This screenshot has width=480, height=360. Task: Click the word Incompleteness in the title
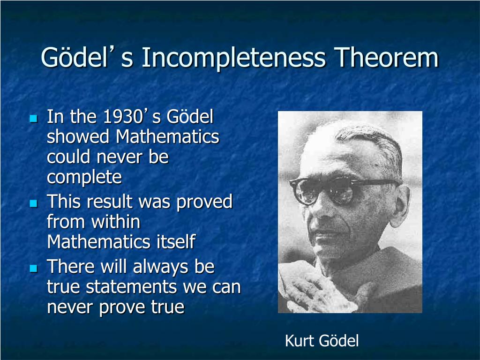click(x=233, y=58)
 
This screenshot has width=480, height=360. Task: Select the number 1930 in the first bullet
click(x=120, y=117)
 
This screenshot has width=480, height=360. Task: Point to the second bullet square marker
click(x=34, y=203)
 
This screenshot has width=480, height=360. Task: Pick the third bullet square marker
click(x=34, y=269)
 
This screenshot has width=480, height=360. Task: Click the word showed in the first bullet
click(x=78, y=136)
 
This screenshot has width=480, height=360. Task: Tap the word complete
click(x=84, y=178)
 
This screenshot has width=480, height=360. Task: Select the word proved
click(x=204, y=202)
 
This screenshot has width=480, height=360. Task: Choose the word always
click(x=161, y=267)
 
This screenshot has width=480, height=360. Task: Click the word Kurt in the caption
click(x=299, y=341)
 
